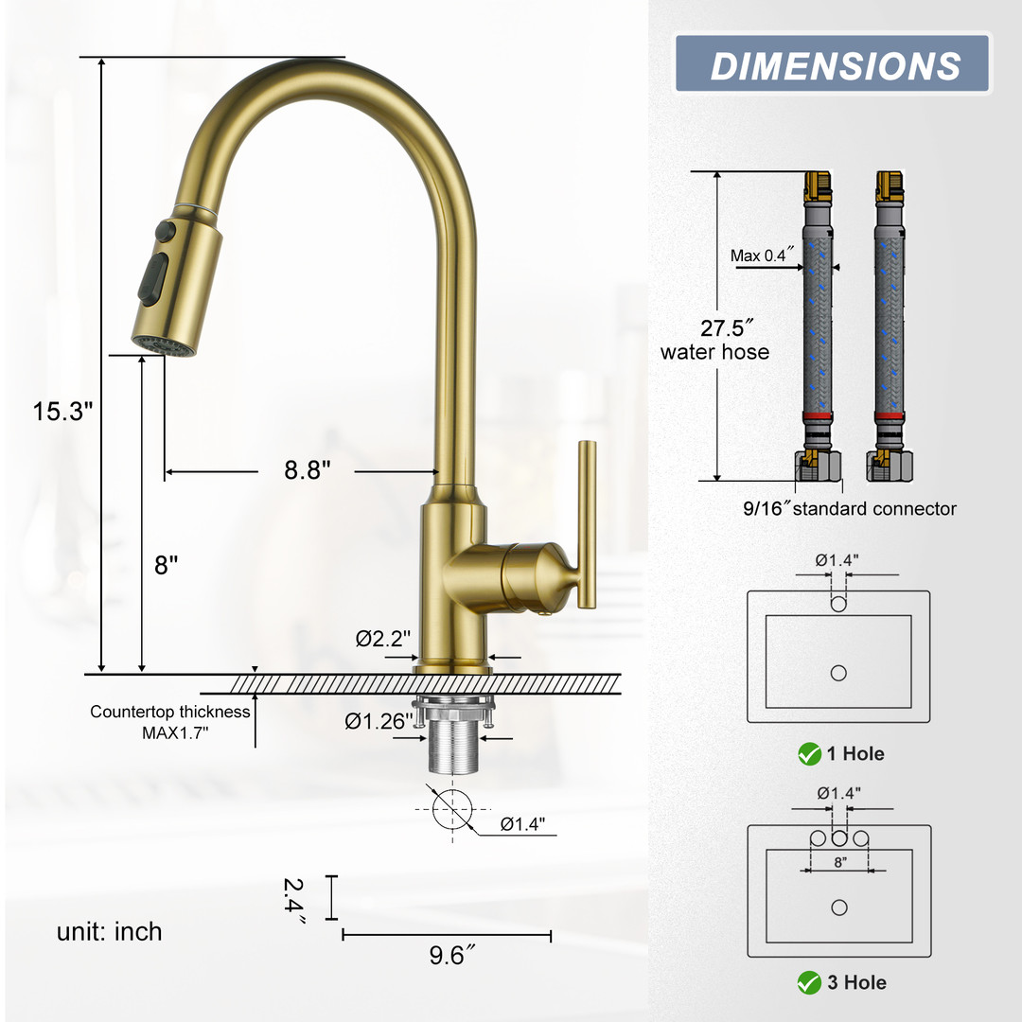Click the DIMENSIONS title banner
pos(833,64)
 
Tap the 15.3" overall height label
pos(62,412)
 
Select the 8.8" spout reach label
pos(307,470)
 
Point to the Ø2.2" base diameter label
pos(382,638)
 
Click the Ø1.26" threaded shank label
pos(379,721)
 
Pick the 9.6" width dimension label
pos(451,956)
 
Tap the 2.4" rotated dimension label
pos(294,900)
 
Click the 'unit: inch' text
pos(110,932)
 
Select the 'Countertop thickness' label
pos(169,712)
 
